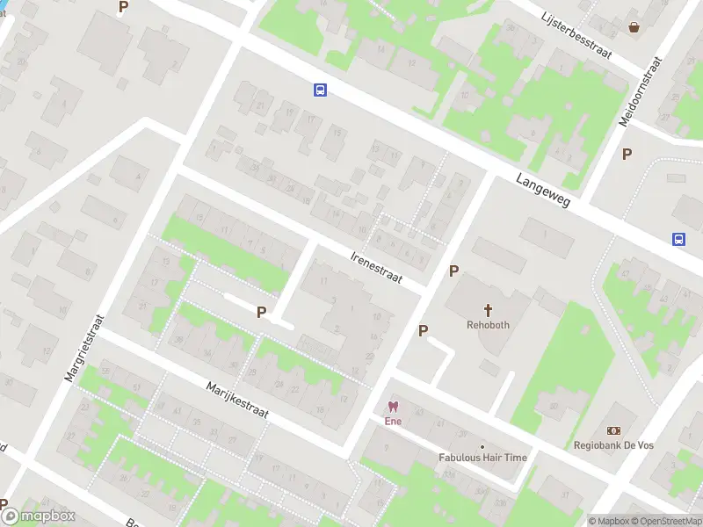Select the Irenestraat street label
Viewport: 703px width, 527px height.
pyautogui.click(x=376, y=266)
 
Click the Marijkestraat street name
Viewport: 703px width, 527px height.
pyautogui.click(x=236, y=399)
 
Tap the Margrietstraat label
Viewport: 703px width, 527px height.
pyautogui.click(x=84, y=348)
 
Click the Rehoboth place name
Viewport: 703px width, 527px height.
pyautogui.click(x=488, y=324)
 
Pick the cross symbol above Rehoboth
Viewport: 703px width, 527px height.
pyautogui.click(x=488, y=309)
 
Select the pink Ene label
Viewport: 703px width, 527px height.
pyautogui.click(x=392, y=421)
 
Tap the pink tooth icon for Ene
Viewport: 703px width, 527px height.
pyautogui.click(x=392, y=407)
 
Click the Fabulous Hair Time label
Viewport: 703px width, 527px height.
pyautogui.click(x=482, y=458)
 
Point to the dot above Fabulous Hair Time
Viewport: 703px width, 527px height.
pyautogui.click(x=482, y=446)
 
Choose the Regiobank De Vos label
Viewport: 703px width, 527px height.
pyautogui.click(x=614, y=444)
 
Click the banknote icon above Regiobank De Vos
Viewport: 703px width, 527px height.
pyautogui.click(x=614, y=430)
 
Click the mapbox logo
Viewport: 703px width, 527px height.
pyautogui.click(x=39, y=516)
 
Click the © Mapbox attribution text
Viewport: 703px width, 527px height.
pyautogui.click(x=608, y=521)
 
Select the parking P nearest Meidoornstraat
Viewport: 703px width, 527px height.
pyautogui.click(x=627, y=155)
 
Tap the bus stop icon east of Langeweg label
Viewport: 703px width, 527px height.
pyautogui.click(x=678, y=239)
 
